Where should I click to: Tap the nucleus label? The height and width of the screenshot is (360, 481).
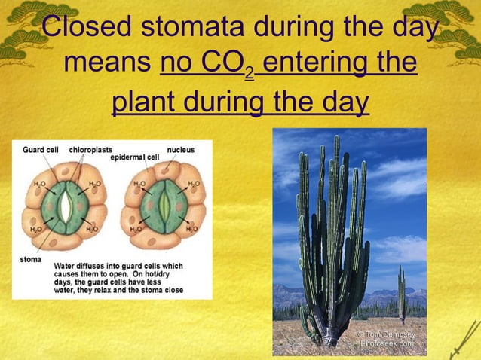click(x=180, y=150)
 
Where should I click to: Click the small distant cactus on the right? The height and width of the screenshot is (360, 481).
click(x=401, y=294)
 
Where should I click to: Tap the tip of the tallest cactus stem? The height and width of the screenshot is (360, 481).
click(x=336, y=138)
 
